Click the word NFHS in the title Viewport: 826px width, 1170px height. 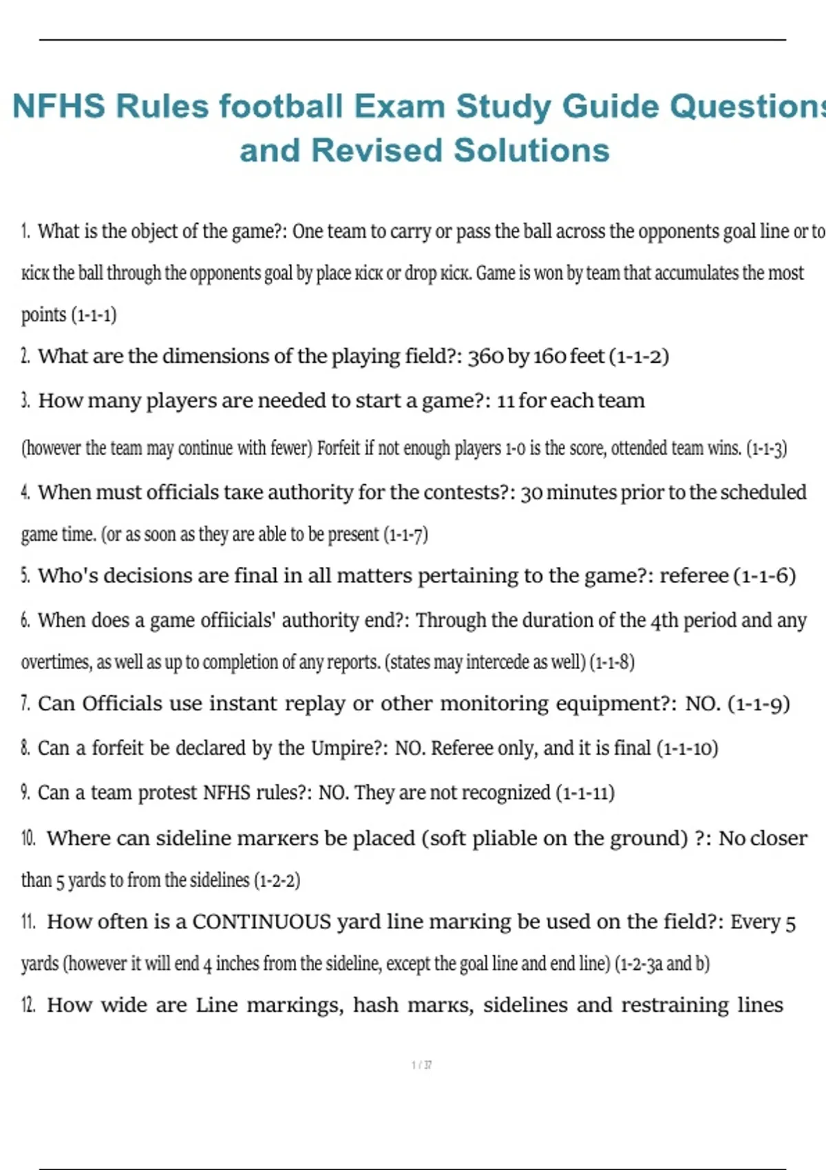click(x=59, y=107)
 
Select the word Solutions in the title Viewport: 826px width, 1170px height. click(x=531, y=151)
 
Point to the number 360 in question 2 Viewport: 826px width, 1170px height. click(x=485, y=357)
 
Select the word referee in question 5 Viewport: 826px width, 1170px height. click(x=694, y=575)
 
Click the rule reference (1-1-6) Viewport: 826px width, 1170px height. click(x=765, y=575)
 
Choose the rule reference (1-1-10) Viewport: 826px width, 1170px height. click(x=687, y=748)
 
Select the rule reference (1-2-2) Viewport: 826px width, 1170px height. click(x=277, y=880)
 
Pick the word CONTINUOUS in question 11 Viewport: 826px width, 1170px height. click(x=262, y=922)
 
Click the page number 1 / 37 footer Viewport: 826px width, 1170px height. click(x=421, y=1065)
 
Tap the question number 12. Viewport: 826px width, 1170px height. click(x=28, y=1006)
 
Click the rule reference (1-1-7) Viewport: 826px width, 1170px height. click(x=405, y=535)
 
